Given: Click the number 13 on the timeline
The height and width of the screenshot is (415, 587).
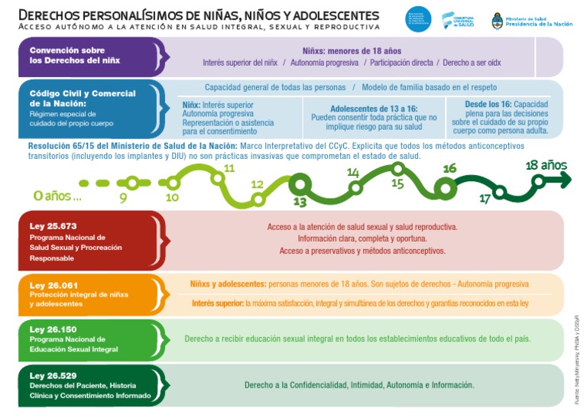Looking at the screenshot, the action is [x=300, y=203].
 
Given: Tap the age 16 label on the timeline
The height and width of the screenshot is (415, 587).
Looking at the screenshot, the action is [x=449, y=168].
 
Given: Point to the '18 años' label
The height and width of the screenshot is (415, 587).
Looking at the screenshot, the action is [x=546, y=165].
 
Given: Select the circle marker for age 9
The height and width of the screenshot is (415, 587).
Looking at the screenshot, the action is [x=132, y=183].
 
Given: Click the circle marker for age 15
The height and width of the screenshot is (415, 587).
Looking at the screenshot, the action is [x=397, y=169].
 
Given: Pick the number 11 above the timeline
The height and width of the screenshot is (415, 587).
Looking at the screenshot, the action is [x=229, y=168].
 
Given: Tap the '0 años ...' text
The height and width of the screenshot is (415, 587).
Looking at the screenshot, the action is [x=57, y=196].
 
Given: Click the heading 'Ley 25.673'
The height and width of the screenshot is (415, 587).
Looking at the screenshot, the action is [x=54, y=226].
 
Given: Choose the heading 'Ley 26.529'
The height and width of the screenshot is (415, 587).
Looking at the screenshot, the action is [x=54, y=375].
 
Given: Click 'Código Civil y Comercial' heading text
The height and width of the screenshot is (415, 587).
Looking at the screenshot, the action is [x=83, y=93].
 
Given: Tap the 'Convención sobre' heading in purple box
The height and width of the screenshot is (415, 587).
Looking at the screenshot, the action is [x=68, y=50].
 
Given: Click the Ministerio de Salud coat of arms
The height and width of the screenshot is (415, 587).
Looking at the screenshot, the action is [x=498, y=21].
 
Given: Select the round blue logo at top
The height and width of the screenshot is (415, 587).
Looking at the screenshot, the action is [x=418, y=19].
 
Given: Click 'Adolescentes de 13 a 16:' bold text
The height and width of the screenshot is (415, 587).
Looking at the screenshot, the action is [x=374, y=109].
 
